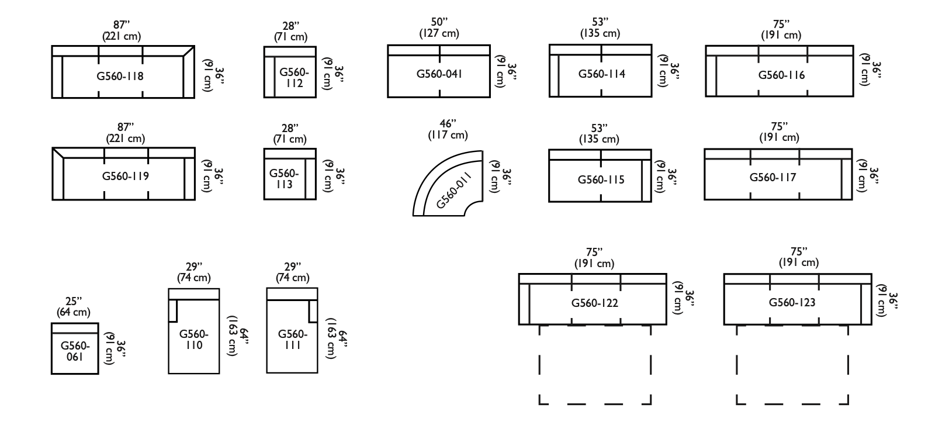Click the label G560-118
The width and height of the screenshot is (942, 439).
120,76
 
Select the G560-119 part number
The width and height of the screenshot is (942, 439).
126,176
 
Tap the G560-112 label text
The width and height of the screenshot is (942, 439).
295,78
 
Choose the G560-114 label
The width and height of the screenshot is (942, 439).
602,74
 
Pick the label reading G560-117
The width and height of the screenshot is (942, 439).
773,177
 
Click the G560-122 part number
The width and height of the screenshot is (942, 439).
594,303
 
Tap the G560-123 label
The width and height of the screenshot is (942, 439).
792,302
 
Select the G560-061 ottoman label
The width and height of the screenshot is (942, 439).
75,351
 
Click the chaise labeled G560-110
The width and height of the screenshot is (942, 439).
194,340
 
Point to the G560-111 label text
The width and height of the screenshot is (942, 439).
293,340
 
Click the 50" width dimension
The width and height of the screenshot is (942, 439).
439,22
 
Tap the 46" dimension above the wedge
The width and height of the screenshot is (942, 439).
448,124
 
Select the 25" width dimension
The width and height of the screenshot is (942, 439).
73,302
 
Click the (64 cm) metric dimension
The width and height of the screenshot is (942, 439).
73,312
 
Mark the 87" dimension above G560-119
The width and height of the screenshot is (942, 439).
125,127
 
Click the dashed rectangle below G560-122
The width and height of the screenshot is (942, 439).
595,364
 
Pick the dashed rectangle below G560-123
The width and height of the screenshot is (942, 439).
792,364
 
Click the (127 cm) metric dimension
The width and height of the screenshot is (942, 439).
439,33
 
